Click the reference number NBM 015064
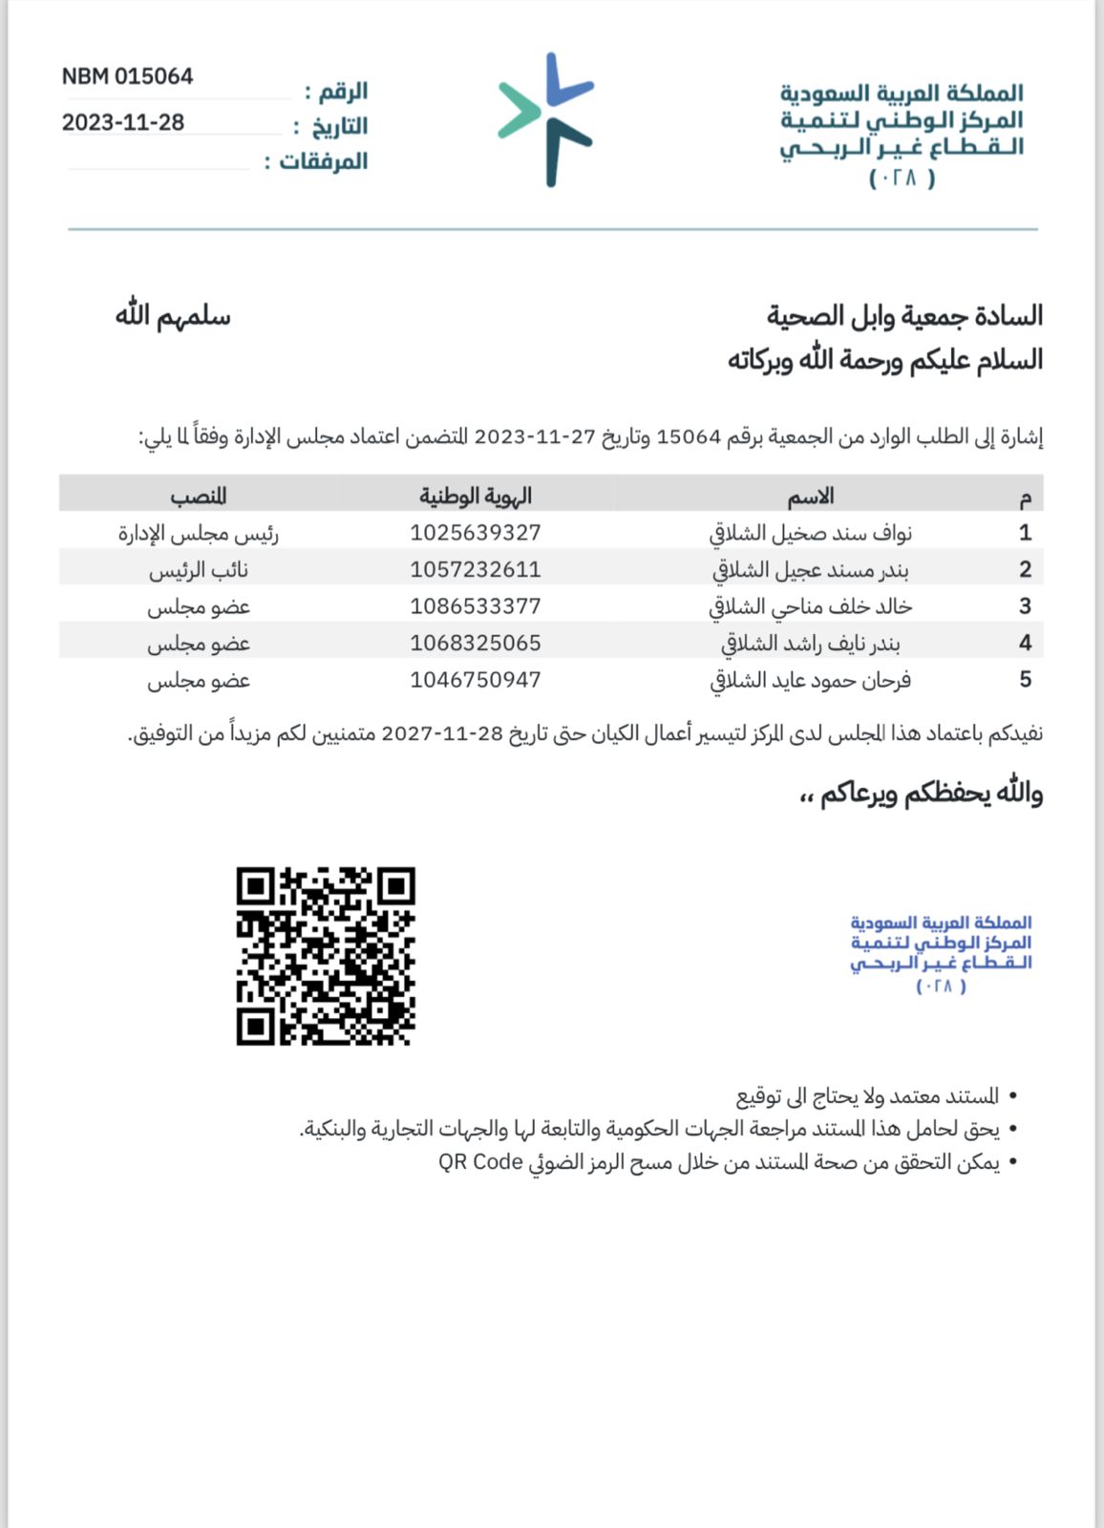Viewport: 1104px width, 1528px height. [x=127, y=76]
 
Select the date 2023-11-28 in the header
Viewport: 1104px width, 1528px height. [x=123, y=122]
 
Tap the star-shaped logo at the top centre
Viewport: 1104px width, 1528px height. [x=546, y=119]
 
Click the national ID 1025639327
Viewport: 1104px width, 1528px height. [x=476, y=533]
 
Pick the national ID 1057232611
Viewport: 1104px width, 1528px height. [x=476, y=570]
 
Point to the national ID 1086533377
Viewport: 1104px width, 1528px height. [x=476, y=606]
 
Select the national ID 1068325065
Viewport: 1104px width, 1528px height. [x=476, y=644]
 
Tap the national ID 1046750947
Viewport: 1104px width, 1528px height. [x=476, y=680]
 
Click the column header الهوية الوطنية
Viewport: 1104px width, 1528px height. [x=476, y=496]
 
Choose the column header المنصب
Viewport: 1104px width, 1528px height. [x=199, y=496]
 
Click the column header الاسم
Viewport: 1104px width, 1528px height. [x=810, y=496]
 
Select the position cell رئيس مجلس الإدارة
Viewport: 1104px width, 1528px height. [x=199, y=533]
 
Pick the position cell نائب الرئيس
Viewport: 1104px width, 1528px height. [x=199, y=570]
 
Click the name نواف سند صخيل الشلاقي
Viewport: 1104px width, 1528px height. [x=810, y=533]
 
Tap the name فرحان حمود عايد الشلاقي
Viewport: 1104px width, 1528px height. [x=810, y=680]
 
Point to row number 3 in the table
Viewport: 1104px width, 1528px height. [x=1025, y=606]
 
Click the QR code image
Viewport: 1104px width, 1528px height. [x=326, y=956]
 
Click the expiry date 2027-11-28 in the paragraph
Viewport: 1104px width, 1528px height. [x=441, y=733]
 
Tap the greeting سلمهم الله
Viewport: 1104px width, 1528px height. [x=173, y=315]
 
